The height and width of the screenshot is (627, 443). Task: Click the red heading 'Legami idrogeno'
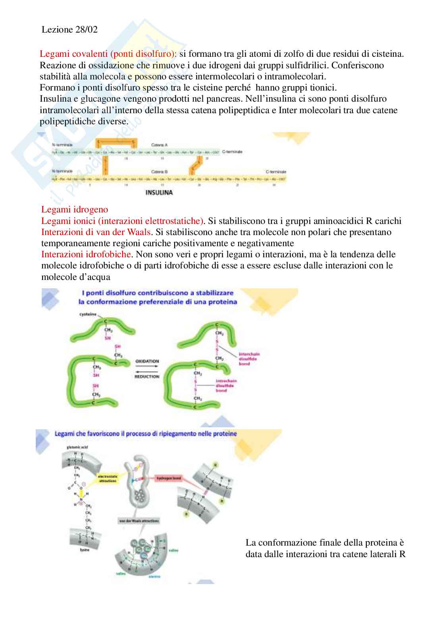point(75,209)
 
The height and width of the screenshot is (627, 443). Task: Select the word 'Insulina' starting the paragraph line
point(54,98)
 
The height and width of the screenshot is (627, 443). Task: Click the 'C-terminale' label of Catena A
point(232,152)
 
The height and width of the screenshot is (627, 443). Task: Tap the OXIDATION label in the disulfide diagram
point(147,361)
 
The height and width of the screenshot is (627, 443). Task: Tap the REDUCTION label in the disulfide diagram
point(147,376)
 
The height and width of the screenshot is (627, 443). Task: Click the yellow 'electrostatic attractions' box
point(108,478)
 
